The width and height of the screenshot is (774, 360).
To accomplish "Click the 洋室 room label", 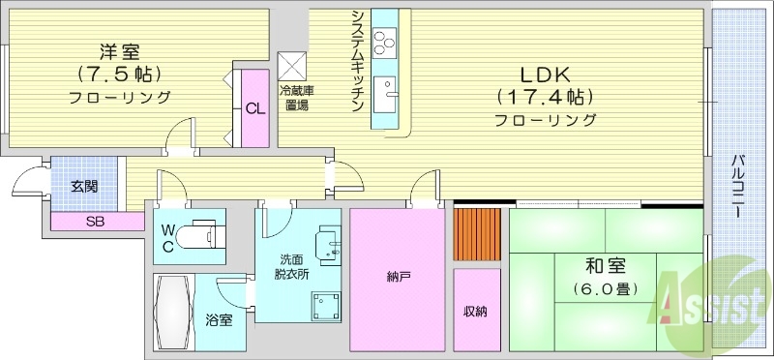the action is pos(119,51).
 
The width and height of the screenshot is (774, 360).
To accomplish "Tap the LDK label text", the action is pos(546,75).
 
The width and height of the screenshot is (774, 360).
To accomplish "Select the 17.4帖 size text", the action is pos(545,98).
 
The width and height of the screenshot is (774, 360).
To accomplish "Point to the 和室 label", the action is pos(606,267).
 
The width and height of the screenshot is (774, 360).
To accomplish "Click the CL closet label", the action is pos(255,109).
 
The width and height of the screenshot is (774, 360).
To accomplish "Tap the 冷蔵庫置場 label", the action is pos(297,98).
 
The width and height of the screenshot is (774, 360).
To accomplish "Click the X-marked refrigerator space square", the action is pos(292,66).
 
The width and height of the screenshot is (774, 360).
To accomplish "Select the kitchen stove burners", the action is pos(385,42).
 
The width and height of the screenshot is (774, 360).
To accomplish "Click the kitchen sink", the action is pos(385,94).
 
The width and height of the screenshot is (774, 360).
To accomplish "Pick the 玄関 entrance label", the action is pos(84,186).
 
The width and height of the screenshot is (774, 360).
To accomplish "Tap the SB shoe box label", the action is pos(95,222).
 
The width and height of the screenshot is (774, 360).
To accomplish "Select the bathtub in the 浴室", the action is pos(173,313).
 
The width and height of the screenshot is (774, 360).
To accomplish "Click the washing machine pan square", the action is pos(326,306).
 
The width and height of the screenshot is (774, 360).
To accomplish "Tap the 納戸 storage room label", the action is pos(399,278).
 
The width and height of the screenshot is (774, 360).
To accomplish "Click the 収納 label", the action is pos(476,312).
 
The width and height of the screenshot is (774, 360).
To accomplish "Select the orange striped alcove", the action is pos(477,234).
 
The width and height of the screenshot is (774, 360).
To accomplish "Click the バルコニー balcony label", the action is pos(739,186).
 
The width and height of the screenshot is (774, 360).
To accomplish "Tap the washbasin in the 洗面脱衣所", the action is pos(328,243).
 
